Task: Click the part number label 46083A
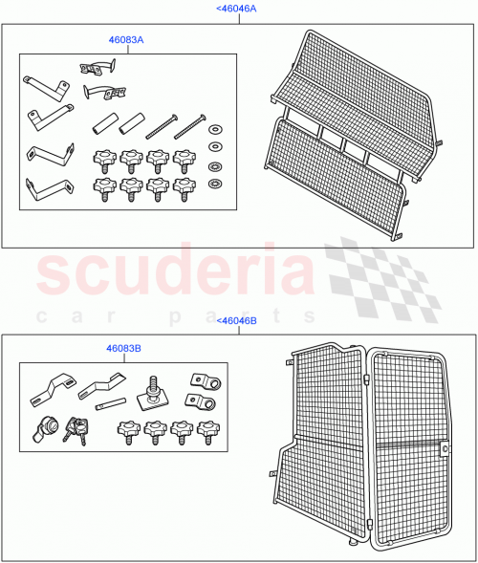pos(125,41)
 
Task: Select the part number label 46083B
pos(125,350)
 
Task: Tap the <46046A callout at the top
pos(237,8)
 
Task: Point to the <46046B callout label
pos(237,321)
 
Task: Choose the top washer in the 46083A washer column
pos(215,130)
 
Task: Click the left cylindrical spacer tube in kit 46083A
pos(101,124)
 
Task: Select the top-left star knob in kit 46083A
pos(101,156)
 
